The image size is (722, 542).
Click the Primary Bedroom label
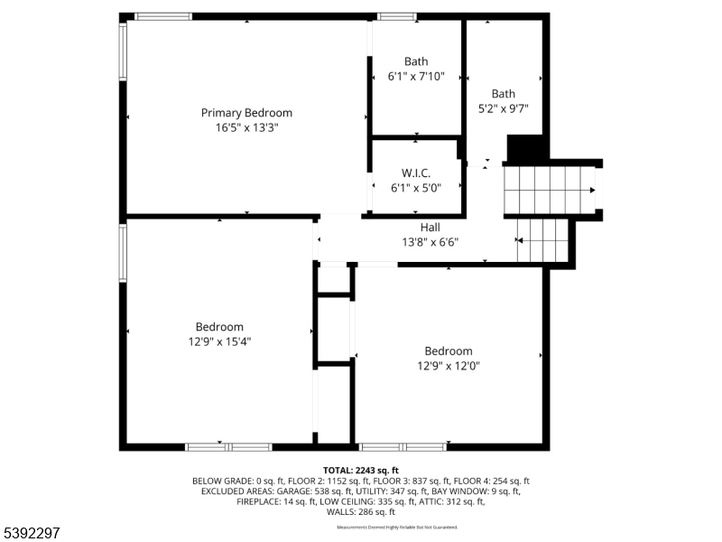(x=246, y=113)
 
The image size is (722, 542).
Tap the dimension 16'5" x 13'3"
(x=246, y=128)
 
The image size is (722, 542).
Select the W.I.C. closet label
(x=416, y=173)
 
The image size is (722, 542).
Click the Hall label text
(x=430, y=228)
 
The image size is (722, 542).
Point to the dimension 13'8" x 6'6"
(x=430, y=242)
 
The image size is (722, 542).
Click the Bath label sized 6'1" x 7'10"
(x=416, y=61)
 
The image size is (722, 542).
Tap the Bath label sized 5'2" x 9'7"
(x=504, y=93)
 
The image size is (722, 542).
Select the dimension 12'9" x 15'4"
(x=219, y=341)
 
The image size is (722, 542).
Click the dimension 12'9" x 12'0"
(x=449, y=366)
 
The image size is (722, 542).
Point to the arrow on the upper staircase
(x=591, y=190)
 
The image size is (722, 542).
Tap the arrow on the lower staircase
(x=520, y=240)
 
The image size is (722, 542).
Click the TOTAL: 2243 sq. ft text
(x=361, y=471)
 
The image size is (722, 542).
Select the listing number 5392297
(x=32, y=533)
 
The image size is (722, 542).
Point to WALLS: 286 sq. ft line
(x=361, y=511)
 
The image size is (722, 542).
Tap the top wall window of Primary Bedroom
(x=163, y=16)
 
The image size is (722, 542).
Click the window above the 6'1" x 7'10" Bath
(x=397, y=16)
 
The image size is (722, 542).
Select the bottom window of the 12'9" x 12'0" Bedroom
(x=403, y=446)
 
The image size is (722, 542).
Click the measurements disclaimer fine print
(x=397, y=527)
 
